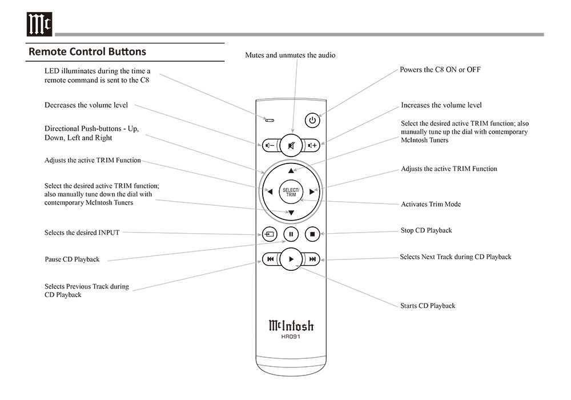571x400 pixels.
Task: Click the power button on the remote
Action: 312,120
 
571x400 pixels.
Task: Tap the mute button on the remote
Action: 291,146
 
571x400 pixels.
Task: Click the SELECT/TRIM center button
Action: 291,192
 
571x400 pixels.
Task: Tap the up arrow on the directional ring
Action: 291,170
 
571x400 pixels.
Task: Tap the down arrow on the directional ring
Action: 291,213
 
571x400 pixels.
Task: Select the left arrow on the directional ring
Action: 270,192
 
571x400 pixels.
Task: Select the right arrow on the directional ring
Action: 312,192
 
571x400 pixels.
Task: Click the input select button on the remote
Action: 270,233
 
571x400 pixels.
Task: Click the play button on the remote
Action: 291,259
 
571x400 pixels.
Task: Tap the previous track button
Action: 270,259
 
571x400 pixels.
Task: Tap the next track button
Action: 312,259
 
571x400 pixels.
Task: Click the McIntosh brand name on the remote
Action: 291,326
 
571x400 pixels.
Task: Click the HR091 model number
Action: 291,337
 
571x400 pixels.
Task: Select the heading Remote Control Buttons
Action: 87,51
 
